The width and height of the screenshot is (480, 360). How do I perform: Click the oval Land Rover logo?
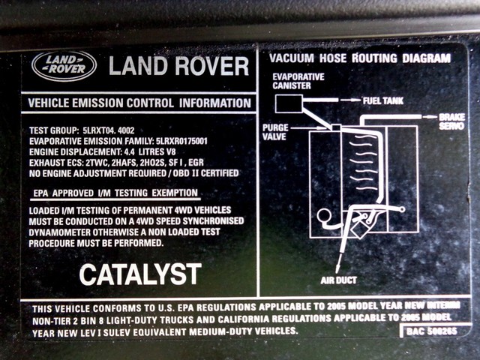coord(64,66)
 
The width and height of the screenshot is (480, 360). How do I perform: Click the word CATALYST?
coord(140,274)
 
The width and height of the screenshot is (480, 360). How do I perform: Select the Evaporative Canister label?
coord(298,81)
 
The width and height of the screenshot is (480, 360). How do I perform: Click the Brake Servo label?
coord(452,121)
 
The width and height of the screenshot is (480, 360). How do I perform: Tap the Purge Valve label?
coord(275,132)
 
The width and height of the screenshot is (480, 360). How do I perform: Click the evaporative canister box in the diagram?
coord(289,103)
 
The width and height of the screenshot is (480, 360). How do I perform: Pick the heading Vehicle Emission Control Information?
coord(139,103)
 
